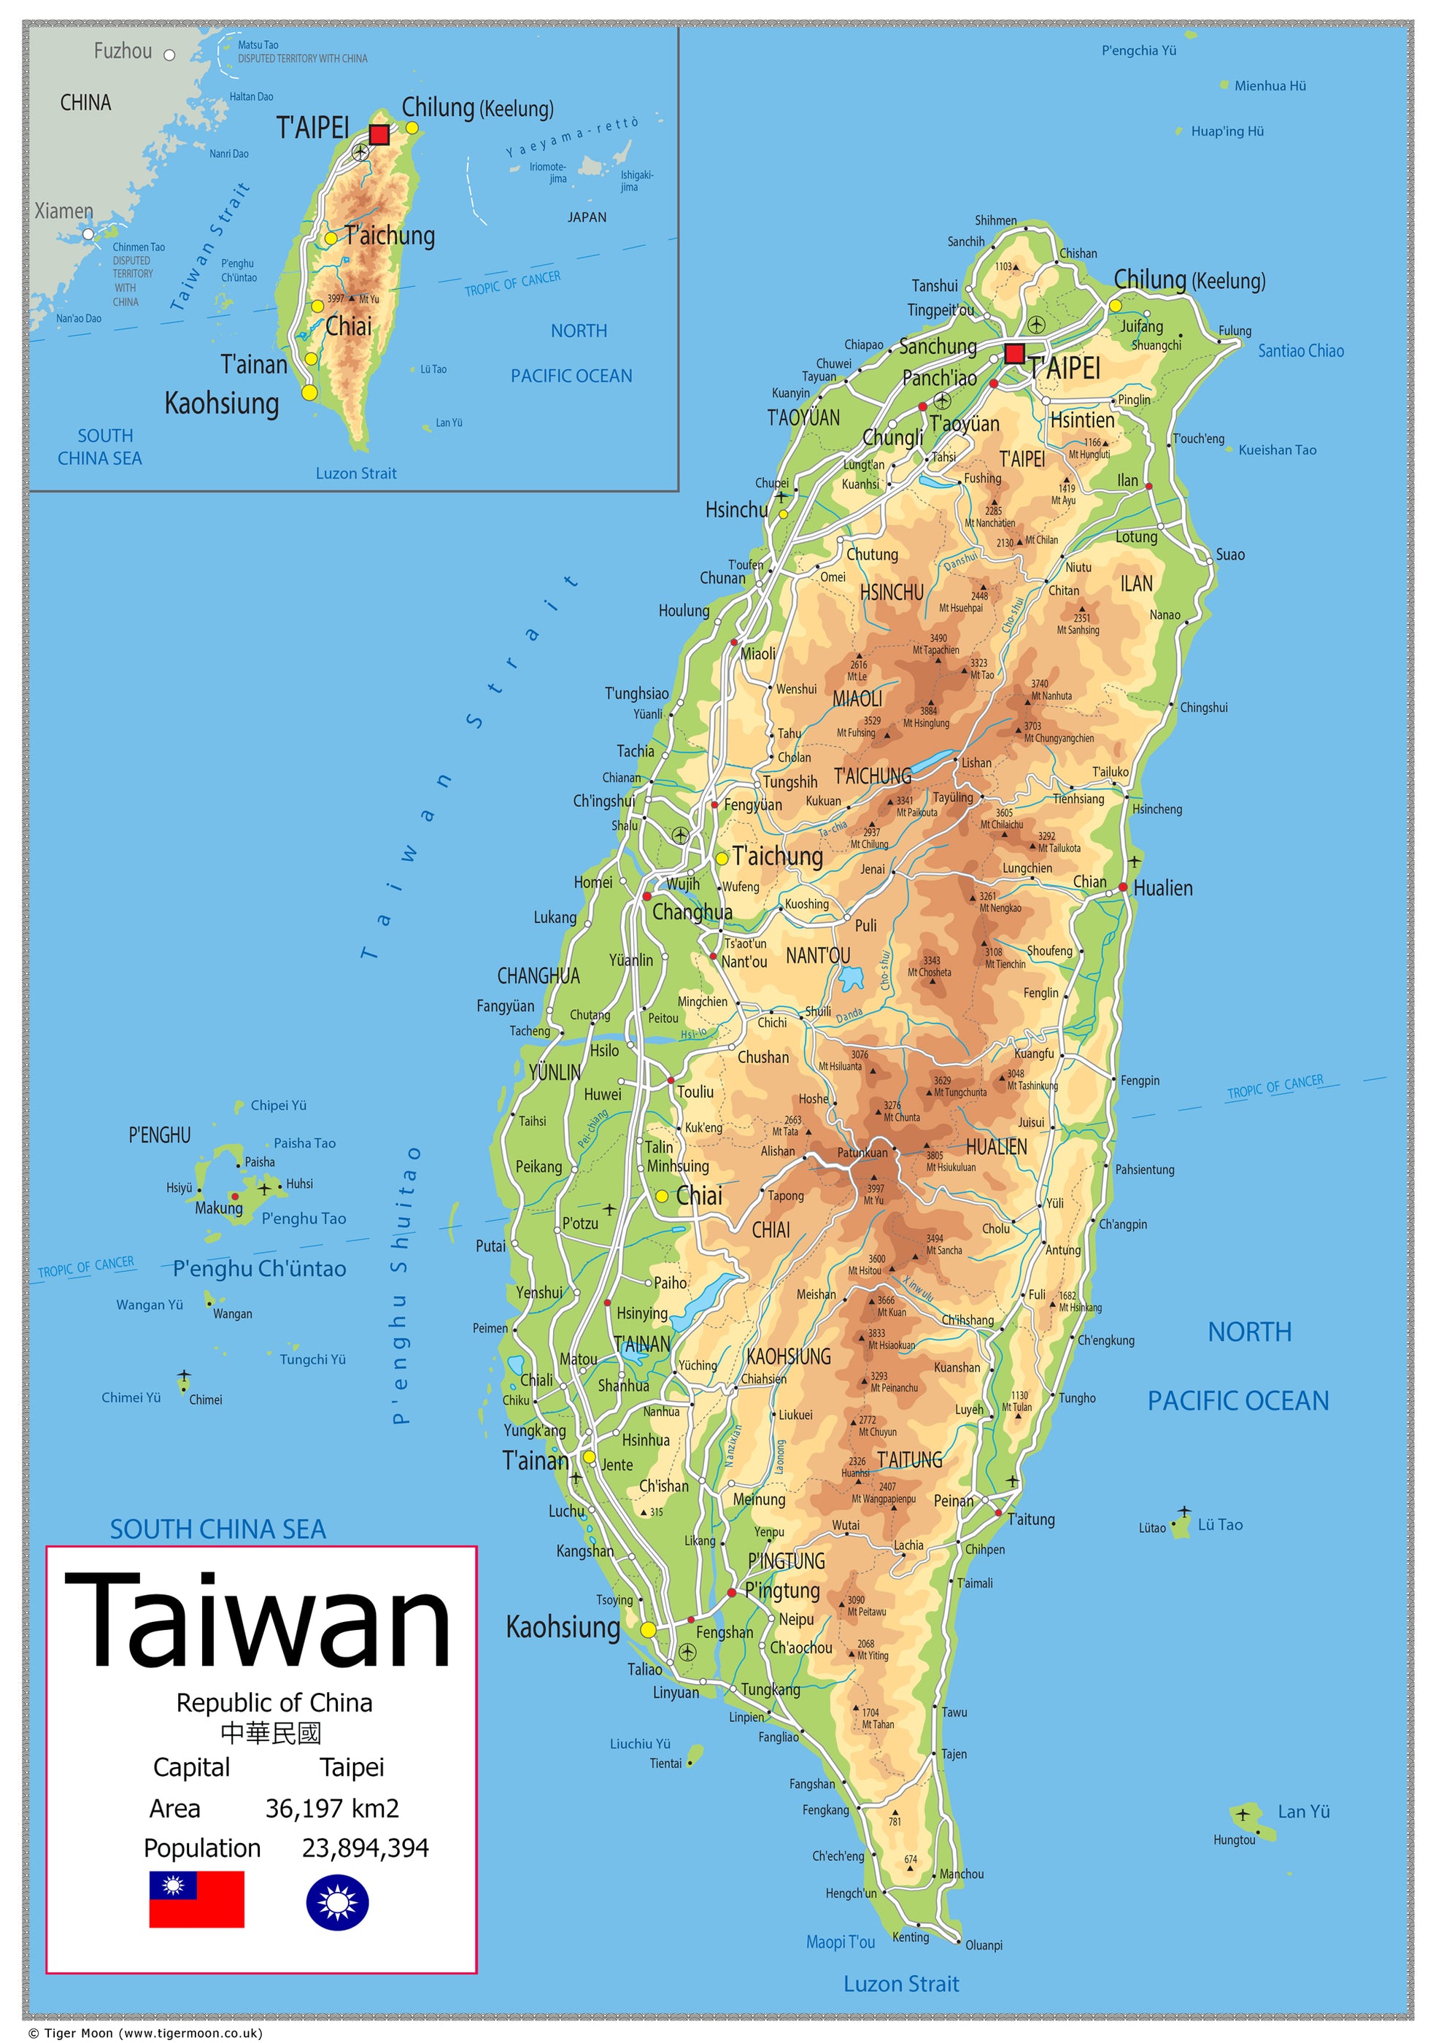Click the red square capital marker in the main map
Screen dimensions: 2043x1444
(1013, 353)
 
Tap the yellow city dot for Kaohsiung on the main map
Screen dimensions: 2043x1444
(648, 1629)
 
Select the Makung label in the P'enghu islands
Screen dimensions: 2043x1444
(219, 1208)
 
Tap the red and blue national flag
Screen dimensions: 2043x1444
(196, 1899)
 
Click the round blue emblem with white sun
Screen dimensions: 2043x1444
(337, 1902)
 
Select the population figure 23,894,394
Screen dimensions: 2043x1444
(365, 1848)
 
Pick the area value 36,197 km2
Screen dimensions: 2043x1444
(332, 1808)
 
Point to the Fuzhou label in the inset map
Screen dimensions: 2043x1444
(123, 52)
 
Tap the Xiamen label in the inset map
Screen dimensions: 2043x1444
(64, 211)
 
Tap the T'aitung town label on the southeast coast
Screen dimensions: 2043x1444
(1030, 1519)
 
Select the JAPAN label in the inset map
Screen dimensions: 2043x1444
(587, 217)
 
